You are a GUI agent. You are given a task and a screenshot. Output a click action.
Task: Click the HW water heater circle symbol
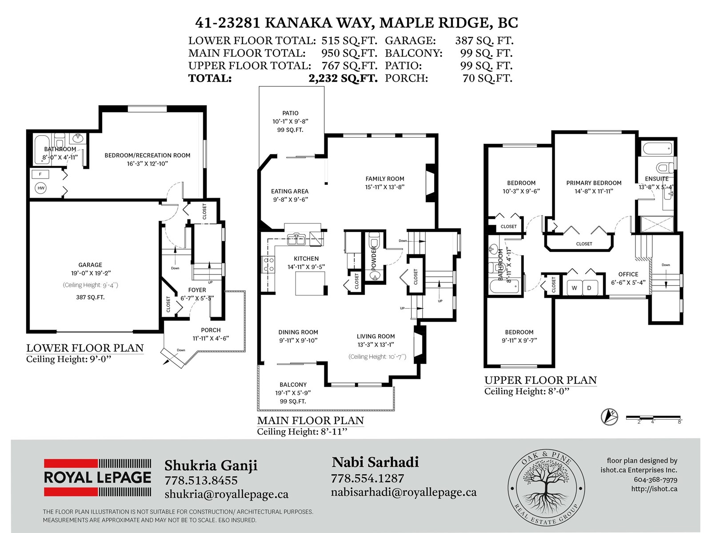tap(41, 188)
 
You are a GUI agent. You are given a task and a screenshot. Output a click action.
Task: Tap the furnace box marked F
tap(40, 175)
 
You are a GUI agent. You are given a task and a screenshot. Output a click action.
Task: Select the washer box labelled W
tap(574, 288)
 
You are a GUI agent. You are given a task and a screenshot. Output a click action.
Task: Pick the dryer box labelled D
tap(589, 288)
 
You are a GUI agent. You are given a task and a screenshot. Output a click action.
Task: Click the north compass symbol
tap(609, 417)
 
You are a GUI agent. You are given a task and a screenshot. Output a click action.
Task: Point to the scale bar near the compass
tap(653, 418)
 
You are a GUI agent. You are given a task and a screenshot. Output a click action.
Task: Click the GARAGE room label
tap(90, 265)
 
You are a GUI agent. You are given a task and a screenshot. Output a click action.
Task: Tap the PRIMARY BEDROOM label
tap(594, 183)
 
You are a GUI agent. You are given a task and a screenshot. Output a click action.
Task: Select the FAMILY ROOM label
tap(385, 179)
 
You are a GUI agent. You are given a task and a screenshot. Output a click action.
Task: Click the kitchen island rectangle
tap(310, 283)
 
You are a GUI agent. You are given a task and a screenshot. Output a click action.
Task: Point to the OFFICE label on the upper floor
tap(628, 274)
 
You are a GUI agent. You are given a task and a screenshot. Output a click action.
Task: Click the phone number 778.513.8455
tap(201, 480)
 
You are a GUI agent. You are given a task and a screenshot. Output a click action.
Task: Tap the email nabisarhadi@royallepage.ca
tap(403, 492)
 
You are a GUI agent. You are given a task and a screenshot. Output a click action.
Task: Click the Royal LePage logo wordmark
tap(97, 477)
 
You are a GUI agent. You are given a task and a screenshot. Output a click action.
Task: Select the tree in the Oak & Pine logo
tap(546, 487)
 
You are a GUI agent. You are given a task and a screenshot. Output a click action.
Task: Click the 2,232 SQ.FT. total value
tap(343, 78)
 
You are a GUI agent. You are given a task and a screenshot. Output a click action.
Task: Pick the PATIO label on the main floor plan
tap(290, 113)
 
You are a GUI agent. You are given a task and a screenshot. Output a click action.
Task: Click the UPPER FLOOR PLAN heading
tap(540, 380)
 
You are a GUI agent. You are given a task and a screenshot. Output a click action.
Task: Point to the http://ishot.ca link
tap(654, 489)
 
